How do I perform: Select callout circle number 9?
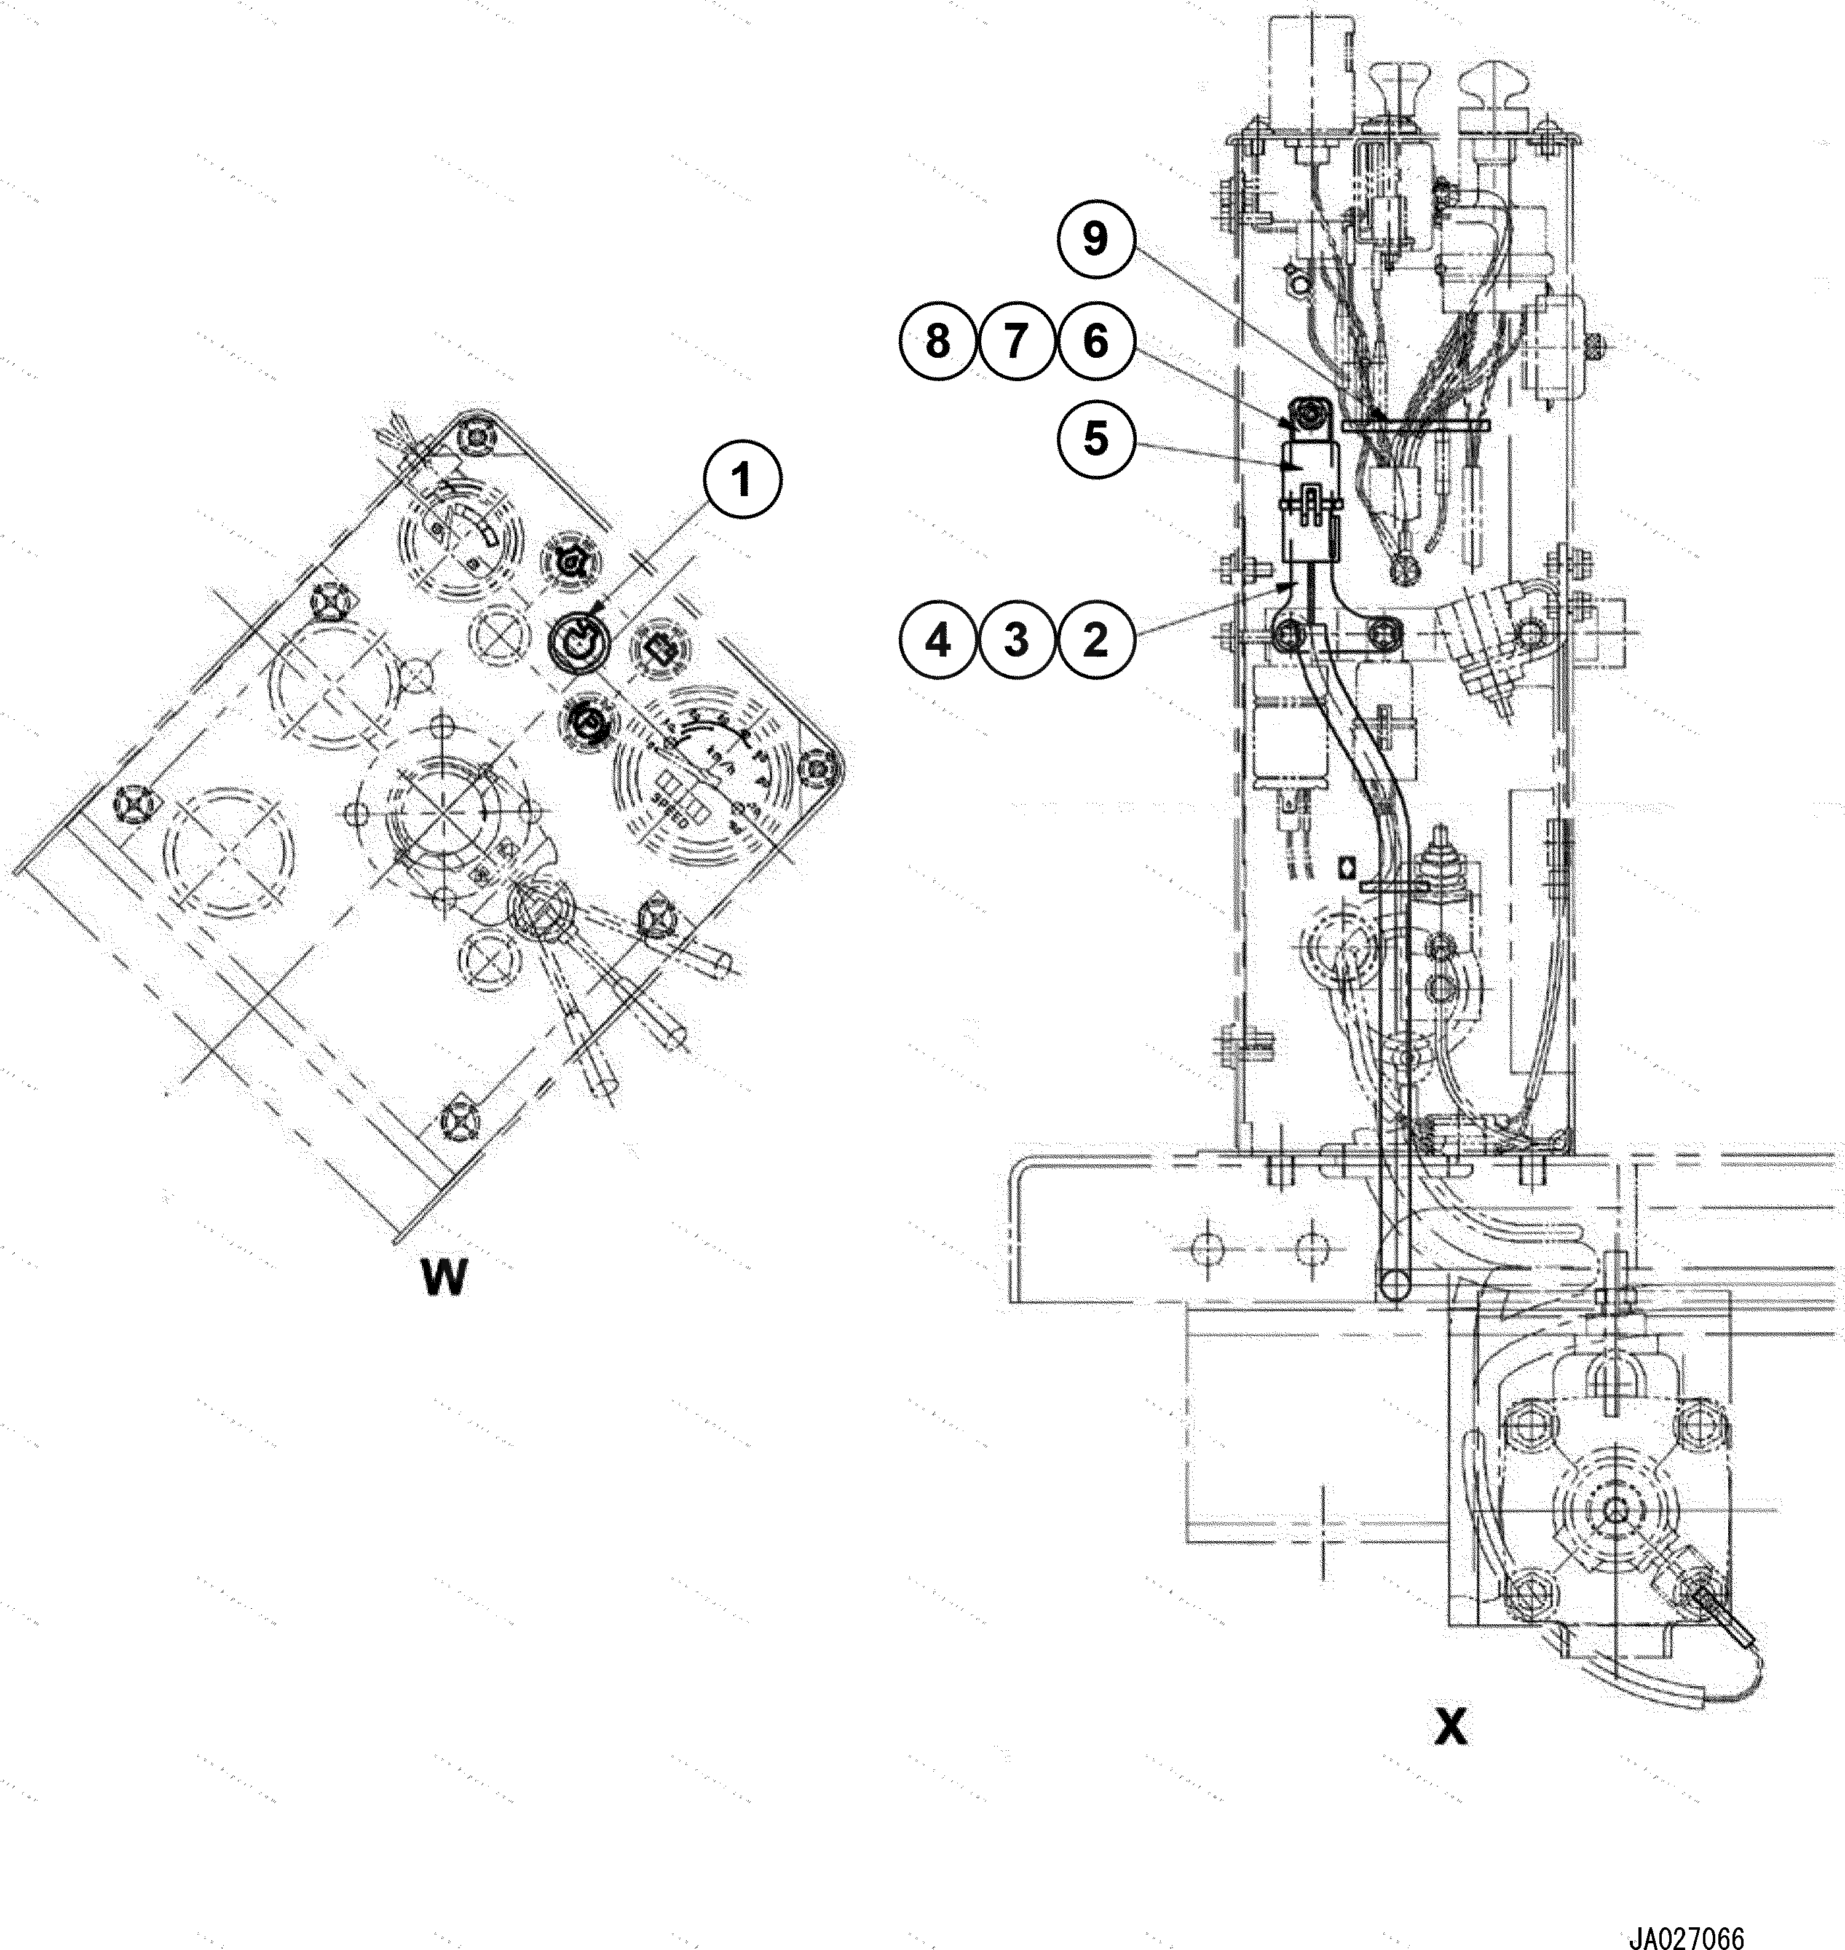coord(1096,239)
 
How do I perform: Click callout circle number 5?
coord(1096,438)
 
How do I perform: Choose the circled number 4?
coord(937,640)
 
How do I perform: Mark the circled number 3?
coord(1016,640)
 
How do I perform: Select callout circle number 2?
coord(1096,640)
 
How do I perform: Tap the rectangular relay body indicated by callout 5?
coord(1308,511)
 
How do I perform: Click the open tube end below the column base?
coord(1394,1283)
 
